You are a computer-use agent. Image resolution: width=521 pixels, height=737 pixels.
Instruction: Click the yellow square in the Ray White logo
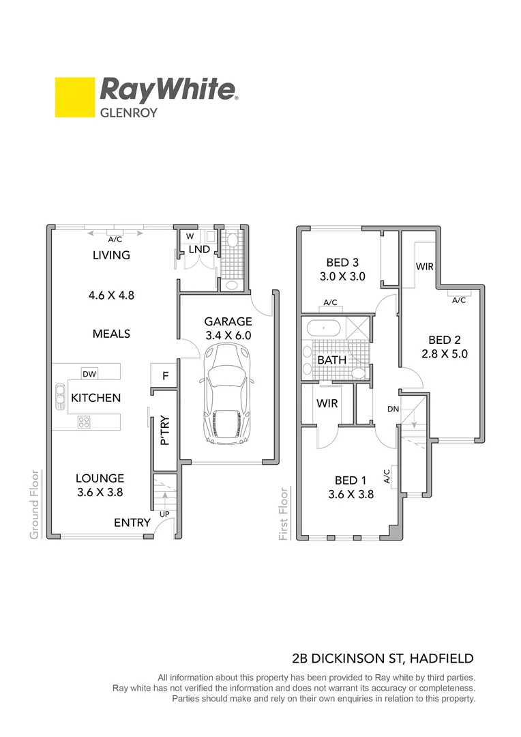pyautogui.click(x=75, y=98)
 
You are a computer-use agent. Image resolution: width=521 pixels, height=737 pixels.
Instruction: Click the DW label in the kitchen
pyautogui.click(x=89, y=373)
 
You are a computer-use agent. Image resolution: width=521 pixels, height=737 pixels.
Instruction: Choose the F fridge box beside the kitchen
pyautogui.click(x=164, y=375)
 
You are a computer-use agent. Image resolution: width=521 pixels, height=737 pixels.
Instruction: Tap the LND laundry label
pyautogui.click(x=199, y=250)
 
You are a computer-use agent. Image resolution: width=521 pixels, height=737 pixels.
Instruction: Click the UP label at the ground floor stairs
pyautogui.click(x=164, y=513)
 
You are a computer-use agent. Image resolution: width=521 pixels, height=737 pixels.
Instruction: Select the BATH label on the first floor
pyautogui.click(x=331, y=360)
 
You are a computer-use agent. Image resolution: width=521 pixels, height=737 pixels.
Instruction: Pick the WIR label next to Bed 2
pyautogui.click(x=424, y=266)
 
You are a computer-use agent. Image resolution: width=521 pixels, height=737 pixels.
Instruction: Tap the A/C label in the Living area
pyautogui.click(x=115, y=240)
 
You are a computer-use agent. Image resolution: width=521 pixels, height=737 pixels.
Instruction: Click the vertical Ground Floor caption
pyautogui.click(x=33, y=504)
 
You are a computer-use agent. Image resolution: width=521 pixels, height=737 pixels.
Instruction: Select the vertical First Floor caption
pyautogui.click(x=284, y=514)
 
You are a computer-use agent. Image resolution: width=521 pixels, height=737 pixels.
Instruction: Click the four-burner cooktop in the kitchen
pyautogui.click(x=84, y=422)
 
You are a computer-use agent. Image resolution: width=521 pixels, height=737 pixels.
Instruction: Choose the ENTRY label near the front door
pyautogui.click(x=132, y=522)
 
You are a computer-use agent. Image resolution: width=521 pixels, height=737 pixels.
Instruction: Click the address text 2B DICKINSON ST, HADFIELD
pyautogui.click(x=382, y=659)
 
